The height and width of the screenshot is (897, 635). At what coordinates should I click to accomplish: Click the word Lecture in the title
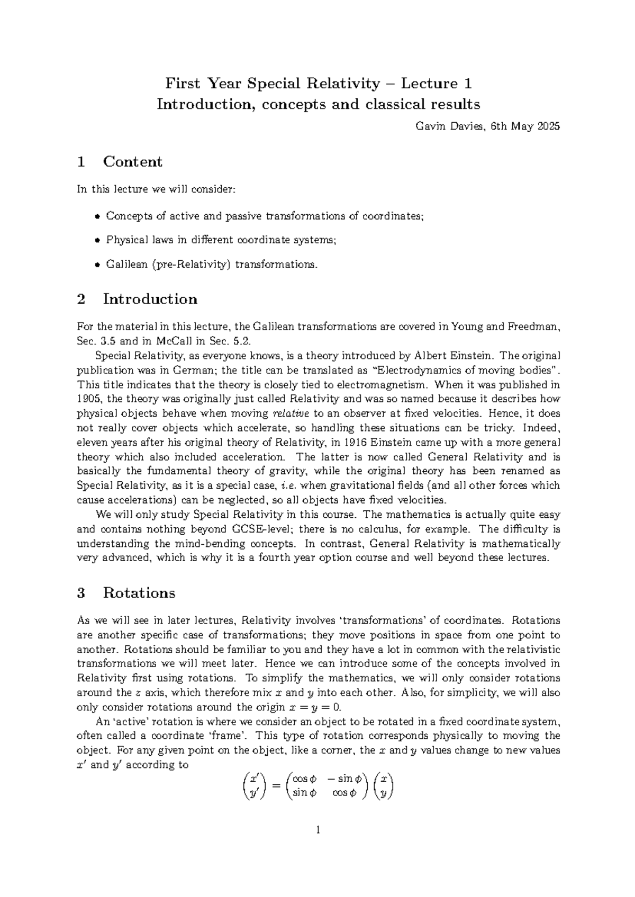(429, 84)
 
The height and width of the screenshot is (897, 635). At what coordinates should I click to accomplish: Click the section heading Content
(132, 162)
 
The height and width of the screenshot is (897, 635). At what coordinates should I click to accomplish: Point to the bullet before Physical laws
(97, 241)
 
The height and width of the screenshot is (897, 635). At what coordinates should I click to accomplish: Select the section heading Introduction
(150, 299)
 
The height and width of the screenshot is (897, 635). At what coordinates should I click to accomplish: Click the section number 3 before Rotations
(81, 593)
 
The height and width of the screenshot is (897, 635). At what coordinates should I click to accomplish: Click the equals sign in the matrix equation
(276, 786)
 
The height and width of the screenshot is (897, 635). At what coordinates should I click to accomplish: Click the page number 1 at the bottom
(318, 830)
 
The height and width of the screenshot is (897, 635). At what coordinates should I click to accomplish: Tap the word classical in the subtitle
(393, 104)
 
